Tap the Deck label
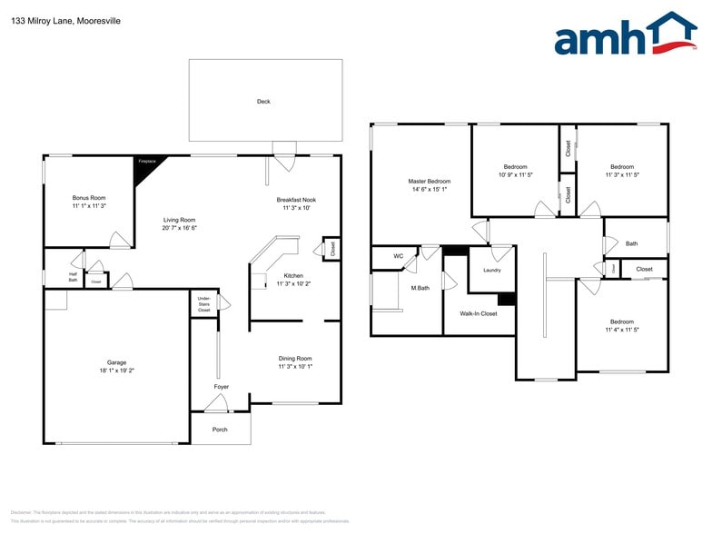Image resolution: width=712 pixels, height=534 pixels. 263,102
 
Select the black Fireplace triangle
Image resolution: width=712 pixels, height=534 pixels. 144,168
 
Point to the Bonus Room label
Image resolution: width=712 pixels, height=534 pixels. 89,197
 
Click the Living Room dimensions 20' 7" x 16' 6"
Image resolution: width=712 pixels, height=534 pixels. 179,228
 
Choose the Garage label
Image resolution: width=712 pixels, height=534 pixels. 116,362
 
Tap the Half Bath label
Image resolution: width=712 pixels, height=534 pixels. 73,277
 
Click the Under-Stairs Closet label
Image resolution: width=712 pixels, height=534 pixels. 203,304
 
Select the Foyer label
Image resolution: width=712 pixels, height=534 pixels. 222,387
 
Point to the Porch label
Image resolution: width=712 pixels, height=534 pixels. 220,429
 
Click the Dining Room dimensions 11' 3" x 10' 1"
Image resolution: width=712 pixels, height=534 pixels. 295,366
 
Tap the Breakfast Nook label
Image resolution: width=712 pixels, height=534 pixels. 296,200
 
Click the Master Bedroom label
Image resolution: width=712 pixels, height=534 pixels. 429,182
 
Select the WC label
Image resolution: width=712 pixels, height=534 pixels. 398,256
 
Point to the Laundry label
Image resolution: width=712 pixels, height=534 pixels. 492,270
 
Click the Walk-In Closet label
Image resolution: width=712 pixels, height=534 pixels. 479,313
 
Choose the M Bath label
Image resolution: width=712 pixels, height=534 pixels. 420,288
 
